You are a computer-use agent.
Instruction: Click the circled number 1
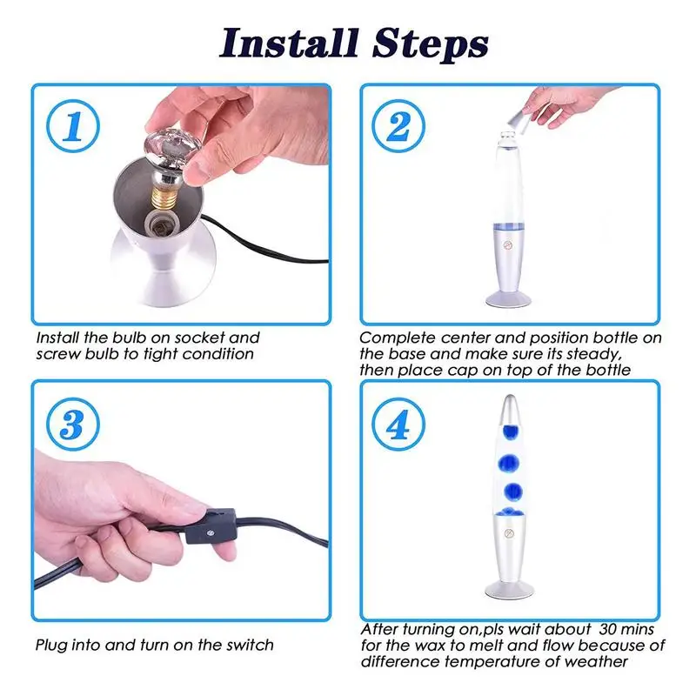point(73,126)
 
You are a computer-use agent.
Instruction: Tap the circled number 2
point(398,126)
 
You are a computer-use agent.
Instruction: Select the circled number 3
point(73,424)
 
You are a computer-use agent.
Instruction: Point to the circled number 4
point(398,424)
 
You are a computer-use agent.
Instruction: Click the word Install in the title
point(289,43)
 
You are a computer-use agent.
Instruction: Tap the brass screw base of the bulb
point(163,197)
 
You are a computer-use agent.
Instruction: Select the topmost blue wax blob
point(512,431)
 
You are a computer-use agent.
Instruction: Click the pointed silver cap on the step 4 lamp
point(509,409)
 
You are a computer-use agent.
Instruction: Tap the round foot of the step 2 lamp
point(508,298)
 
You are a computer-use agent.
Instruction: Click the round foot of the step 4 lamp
point(509,591)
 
